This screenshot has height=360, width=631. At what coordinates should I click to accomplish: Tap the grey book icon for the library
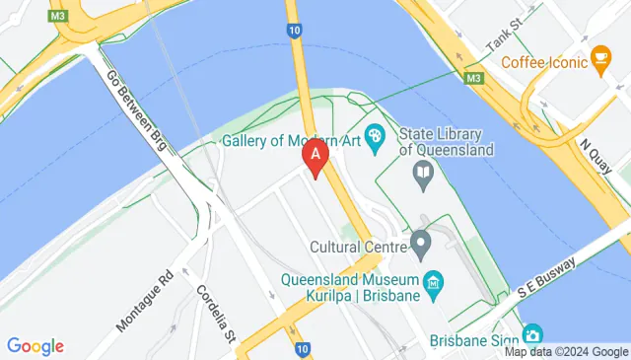424,177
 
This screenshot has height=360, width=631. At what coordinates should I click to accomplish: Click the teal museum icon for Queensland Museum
433,286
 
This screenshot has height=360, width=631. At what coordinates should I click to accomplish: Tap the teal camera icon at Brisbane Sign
532,335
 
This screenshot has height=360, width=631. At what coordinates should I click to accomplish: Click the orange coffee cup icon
598,61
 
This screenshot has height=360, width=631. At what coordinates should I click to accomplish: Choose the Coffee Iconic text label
543,62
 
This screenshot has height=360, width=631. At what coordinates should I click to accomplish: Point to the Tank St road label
506,38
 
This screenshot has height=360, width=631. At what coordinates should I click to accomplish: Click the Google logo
35,346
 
